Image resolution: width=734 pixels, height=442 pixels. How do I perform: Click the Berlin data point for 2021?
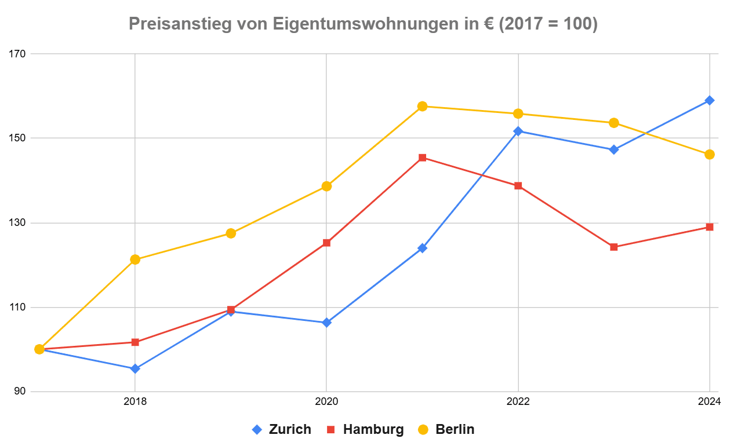click(422, 106)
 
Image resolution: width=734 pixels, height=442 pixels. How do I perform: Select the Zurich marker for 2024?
click(709, 100)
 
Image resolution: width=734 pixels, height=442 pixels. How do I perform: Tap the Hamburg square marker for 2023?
click(613, 247)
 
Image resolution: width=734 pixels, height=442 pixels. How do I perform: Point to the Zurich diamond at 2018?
click(135, 368)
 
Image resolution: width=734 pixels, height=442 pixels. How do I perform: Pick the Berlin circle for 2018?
click(135, 260)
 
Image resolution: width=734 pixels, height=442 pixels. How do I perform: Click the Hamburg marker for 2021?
click(422, 158)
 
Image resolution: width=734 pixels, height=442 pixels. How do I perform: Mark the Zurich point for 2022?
click(518, 131)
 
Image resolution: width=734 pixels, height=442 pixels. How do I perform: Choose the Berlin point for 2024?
click(709, 154)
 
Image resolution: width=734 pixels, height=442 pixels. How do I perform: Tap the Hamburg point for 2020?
click(326, 243)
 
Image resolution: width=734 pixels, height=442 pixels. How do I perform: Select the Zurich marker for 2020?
click(326, 323)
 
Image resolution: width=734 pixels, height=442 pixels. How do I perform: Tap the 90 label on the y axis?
click(20, 392)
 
